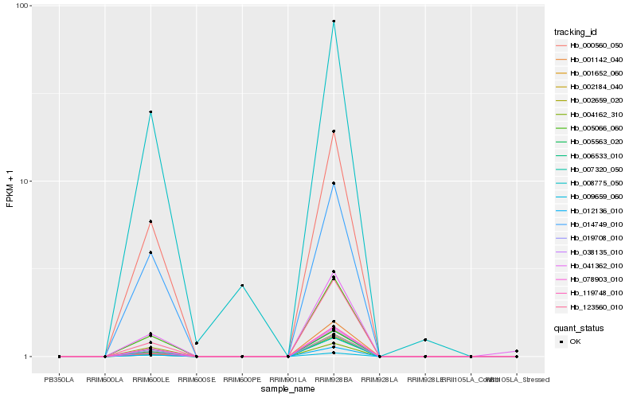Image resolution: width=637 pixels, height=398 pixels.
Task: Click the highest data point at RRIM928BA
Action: click(334, 21)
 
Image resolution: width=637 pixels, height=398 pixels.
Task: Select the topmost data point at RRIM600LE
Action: click(150, 112)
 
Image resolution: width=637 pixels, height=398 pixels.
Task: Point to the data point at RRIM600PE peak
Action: click(242, 285)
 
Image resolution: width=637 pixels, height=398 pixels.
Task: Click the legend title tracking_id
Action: click(575, 32)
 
